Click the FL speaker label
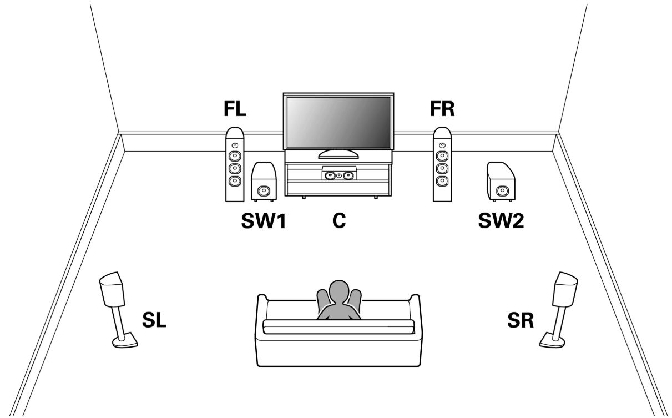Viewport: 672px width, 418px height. point(235,109)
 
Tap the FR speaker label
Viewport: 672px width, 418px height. point(442,109)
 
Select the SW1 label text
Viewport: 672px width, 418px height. point(263,220)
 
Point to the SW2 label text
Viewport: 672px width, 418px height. point(501,220)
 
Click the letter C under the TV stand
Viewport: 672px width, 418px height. point(338,220)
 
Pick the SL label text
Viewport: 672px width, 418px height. point(154,320)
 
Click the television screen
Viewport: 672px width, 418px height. point(338,122)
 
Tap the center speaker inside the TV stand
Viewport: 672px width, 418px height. point(338,175)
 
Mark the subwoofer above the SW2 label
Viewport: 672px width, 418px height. point(500,182)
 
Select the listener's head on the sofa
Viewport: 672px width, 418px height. point(338,291)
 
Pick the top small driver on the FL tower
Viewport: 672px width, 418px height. point(235,145)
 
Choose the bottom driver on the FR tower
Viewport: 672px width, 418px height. point(442,181)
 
